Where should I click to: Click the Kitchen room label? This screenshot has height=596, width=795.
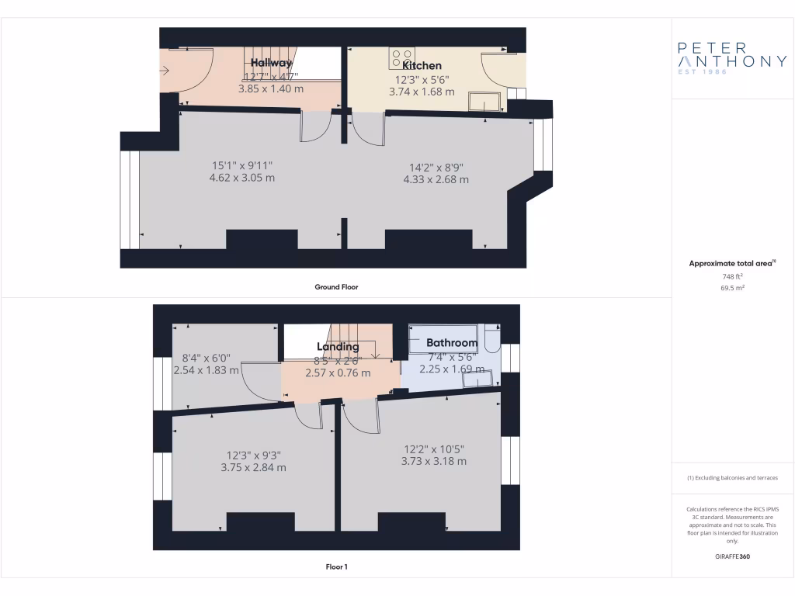pyautogui.click(x=422, y=66)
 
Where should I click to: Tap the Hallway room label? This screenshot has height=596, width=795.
pyautogui.click(x=271, y=63)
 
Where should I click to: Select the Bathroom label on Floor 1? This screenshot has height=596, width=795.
pyautogui.click(x=451, y=342)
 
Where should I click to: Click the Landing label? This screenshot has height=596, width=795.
pyautogui.click(x=338, y=347)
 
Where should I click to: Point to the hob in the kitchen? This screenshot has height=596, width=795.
pyautogui.click(x=402, y=57)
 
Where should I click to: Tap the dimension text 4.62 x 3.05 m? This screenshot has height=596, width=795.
pyautogui.click(x=242, y=178)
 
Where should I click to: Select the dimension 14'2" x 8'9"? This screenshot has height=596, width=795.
pyautogui.click(x=436, y=166)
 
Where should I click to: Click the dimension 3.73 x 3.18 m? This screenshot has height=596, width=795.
pyautogui.click(x=434, y=461)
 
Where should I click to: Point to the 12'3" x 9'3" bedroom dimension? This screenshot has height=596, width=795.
pyautogui.click(x=253, y=455)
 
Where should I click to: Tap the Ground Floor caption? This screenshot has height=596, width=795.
pyautogui.click(x=336, y=287)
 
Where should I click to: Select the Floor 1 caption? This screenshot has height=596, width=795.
pyautogui.click(x=336, y=567)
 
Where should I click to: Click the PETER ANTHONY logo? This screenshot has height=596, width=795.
pyautogui.click(x=732, y=57)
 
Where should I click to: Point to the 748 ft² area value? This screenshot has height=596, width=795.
pyautogui.click(x=732, y=275)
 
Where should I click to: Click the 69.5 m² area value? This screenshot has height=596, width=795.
pyautogui.click(x=732, y=287)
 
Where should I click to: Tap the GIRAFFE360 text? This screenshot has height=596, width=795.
pyautogui.click(x=732, y=556)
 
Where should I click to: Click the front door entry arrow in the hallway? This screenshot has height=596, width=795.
pyautogui.click(x=165, y=71)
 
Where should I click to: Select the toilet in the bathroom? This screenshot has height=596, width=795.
pyautogui.click(x=491, y=338)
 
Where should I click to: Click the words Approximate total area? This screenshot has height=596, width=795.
pyautogui.click(x=731, y=264)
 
